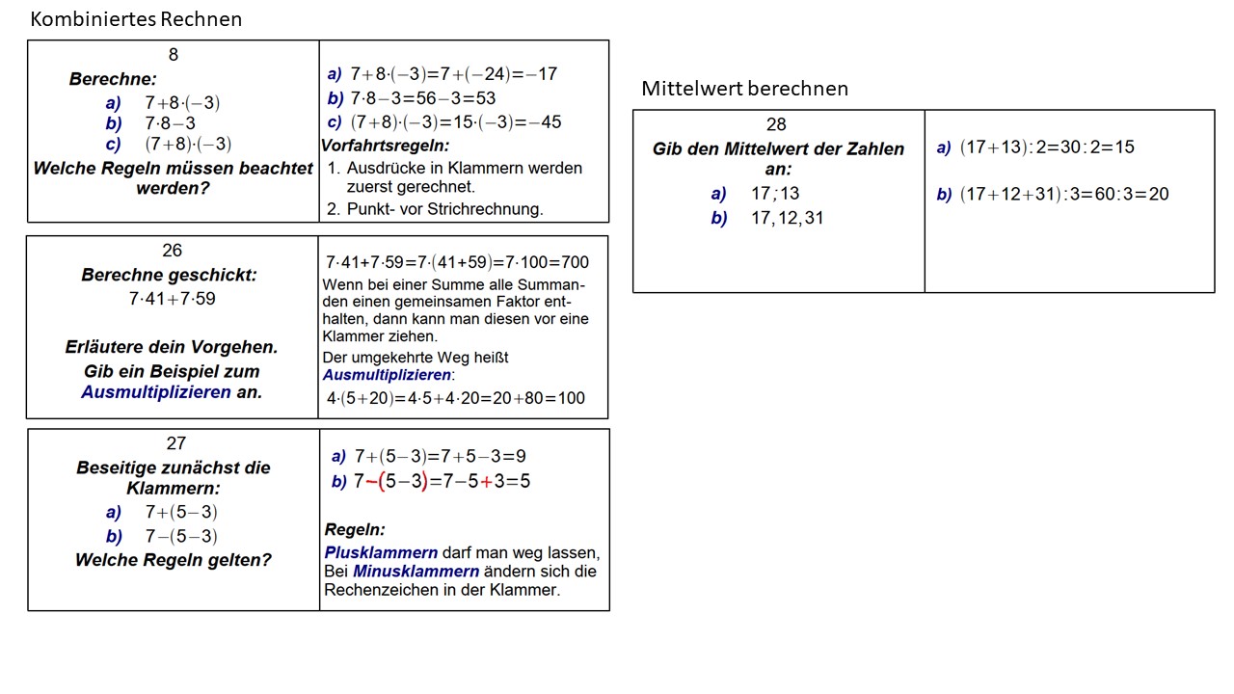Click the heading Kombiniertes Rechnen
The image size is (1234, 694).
tap(136, 19)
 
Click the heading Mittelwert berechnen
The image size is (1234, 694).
tap(744, 89)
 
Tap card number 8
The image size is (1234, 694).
tap(174, 55)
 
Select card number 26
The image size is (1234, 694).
tap(172, 251)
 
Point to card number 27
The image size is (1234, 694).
tap(175, 443)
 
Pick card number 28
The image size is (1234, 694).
tap(776, 124)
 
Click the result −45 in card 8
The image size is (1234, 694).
tap(546, 122)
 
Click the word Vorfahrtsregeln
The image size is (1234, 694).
tap(385, 146)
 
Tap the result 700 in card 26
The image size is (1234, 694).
tap(574, 262)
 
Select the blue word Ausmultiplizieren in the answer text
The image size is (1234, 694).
tap(386, 374)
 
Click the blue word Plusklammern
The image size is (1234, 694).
tap(381, 552)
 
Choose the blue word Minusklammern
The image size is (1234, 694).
tap(416, 571)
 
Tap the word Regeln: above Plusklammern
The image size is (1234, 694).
tap(355, 529)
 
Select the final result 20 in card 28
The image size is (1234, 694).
tap(1158, 194)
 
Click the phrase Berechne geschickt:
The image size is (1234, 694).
tap(169, 275)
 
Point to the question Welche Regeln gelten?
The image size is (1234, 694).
tap(174, 560)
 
